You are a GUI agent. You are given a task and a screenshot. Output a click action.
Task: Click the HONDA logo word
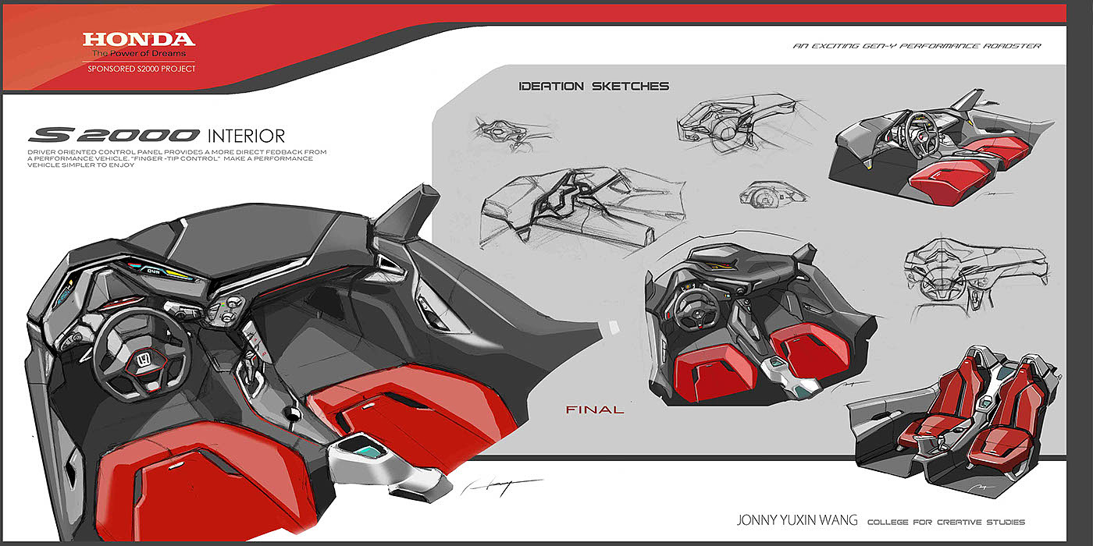pos(139,39)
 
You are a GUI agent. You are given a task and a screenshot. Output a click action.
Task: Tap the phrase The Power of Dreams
pos(139,54)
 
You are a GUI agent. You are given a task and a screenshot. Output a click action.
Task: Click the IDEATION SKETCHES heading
pos(593,86)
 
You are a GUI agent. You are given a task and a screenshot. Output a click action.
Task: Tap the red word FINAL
pos(595,409)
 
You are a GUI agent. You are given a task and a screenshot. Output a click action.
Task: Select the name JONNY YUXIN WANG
pos(796,520)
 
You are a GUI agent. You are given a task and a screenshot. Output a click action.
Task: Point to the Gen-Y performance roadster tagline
pos(917,46)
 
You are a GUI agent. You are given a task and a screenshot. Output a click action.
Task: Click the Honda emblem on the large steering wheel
pos(143,361)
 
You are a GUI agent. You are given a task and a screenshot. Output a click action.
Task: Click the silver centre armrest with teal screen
pos(362,460)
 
